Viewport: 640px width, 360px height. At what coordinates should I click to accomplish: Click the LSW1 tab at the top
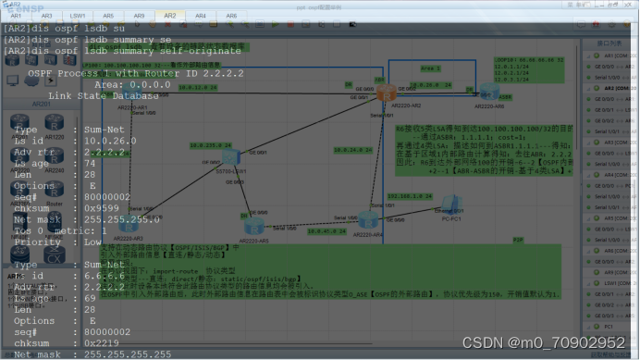(x=78, y=16)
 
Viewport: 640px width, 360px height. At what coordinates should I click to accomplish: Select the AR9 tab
(x=139, y=16)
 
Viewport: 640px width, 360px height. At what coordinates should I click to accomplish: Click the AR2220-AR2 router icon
(x=384, y=93)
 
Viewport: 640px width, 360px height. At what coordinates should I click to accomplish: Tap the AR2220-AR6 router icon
(x=487, y=90)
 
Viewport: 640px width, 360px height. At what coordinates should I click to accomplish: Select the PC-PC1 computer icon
(x=451, y=203)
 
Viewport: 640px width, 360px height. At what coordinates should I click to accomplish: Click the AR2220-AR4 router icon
(x=369, y=220)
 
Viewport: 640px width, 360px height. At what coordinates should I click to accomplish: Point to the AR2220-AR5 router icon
(x=254, y=225)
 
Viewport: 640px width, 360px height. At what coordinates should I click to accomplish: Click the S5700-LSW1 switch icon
(x=230, y=158)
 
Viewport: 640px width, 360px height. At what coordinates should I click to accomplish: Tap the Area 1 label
(x=431, y=68)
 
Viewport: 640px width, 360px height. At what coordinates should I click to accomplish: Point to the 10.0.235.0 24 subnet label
(x=209, y=145)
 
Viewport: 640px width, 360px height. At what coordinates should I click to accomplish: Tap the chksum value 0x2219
(x=105, y=341)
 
